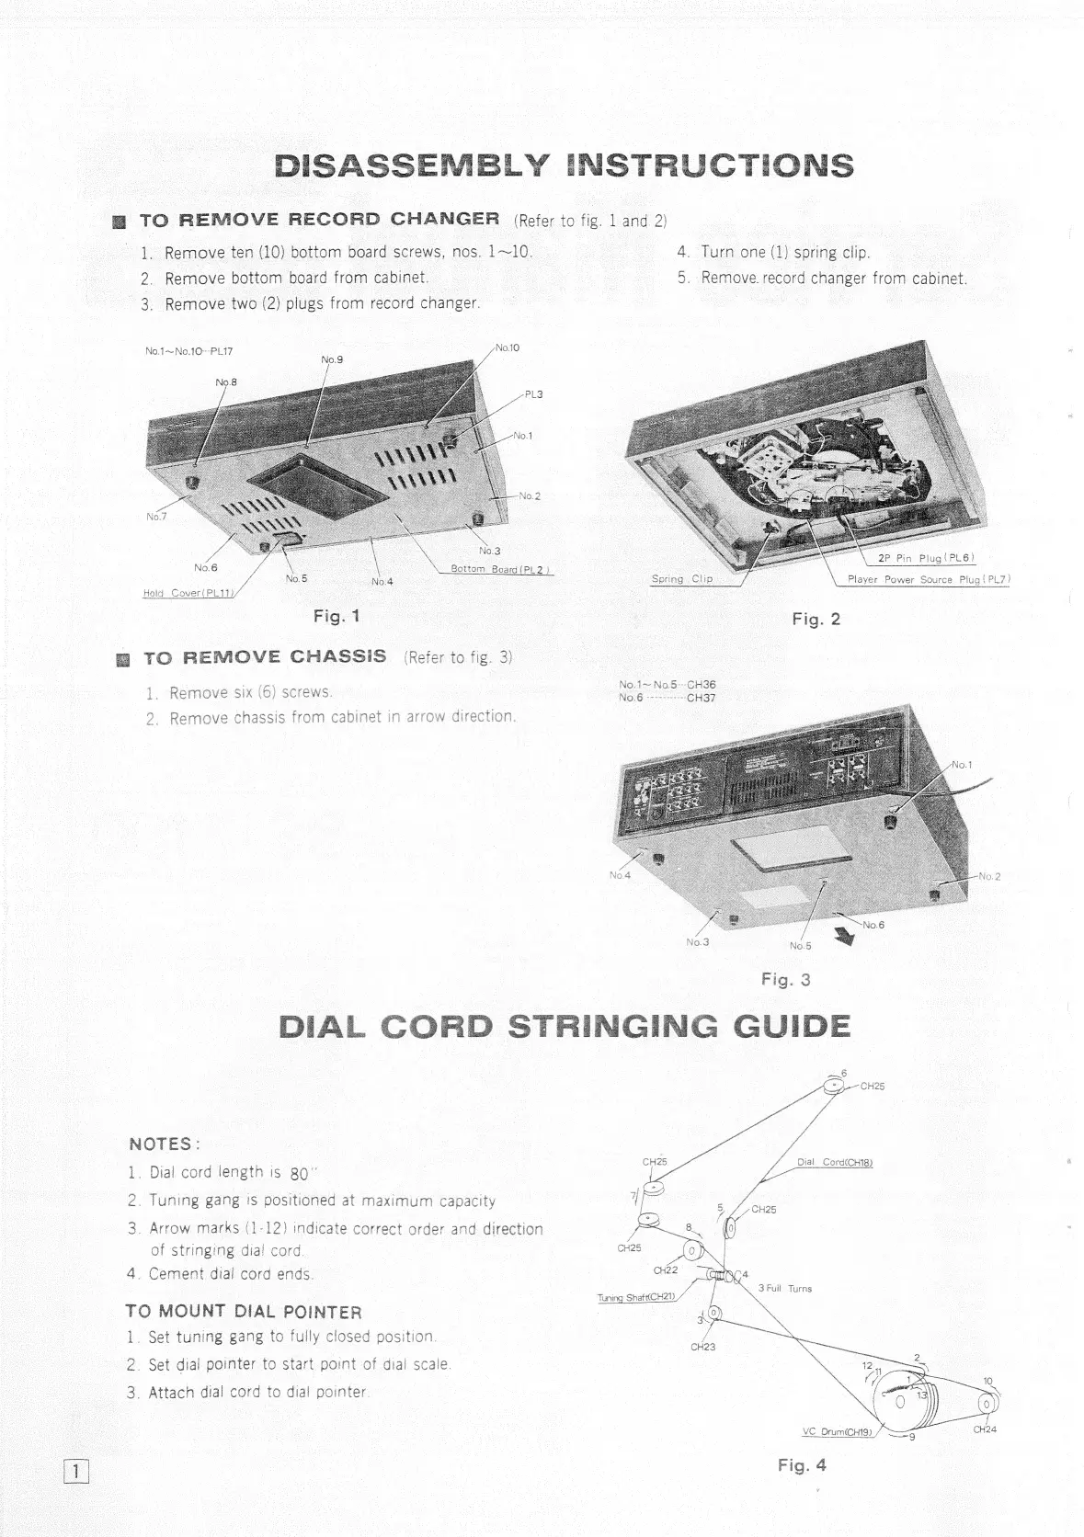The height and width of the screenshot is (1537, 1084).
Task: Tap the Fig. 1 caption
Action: point(336,616)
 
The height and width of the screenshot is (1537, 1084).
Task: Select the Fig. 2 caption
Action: point(816,620)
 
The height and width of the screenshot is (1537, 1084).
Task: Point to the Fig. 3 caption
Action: point(786,979)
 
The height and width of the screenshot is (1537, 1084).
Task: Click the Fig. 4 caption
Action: point(802,1465)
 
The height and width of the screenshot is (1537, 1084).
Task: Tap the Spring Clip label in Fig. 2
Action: point(682,579)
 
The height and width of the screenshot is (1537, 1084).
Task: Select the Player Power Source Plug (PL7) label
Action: point(929,579)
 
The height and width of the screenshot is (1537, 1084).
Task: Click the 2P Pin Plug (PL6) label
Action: point(924,558)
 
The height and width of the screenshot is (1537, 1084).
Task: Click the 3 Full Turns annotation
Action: point(785,1289)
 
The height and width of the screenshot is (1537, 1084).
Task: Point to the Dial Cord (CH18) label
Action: point(834,1163)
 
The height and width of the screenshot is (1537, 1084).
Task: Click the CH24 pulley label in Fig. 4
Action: point(985,1429)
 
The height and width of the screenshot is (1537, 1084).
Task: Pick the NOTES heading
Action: point(165,1144)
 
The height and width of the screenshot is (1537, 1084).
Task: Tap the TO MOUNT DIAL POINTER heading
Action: point(244,1312)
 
